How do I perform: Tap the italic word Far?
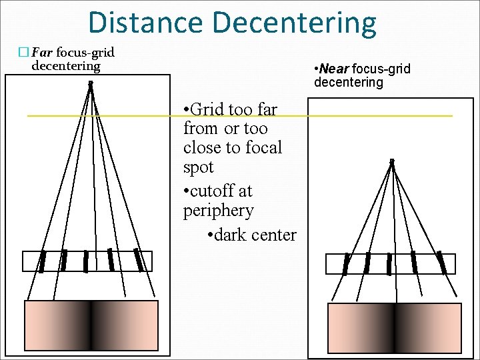pyautogui.click(x=43, y=52)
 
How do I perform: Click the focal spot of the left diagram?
pyautogui.click(x=90, y=83)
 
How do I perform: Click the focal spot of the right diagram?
pyautogui.click(x=392, y=161)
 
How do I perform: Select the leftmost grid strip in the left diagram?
pyautogui.click(x=43, y=261)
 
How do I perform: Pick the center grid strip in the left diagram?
pyautogui.click(x=86, y=261)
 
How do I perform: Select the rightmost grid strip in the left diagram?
pyautogui.click(x=138, y=260)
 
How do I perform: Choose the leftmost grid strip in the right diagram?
pyautogui.click(x=346, y=263)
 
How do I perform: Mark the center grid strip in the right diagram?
pyautogui.click(x=389, y=264)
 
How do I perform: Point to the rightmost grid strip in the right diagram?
pyautogui.click(x=441, y=263)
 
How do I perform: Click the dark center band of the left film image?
pyautogui.click(x=91, y=325)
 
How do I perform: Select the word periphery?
pyautogui.click(x=219, y=211)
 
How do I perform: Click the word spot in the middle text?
pyautogui.click(x=199, y=167)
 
